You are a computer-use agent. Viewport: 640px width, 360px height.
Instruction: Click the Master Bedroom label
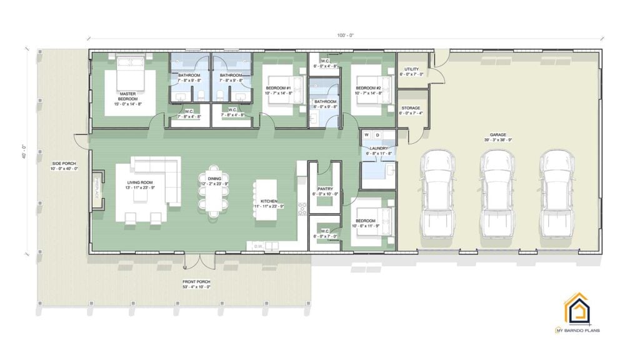(x=128, y=99)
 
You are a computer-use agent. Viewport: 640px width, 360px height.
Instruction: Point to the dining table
(x=214, y=194)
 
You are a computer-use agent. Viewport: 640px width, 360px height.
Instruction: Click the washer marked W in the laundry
(x=367, y=134)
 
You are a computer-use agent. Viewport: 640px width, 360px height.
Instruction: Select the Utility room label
(x=411, y=70)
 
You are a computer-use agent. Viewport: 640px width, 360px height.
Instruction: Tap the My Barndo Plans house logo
(x=576, y=310)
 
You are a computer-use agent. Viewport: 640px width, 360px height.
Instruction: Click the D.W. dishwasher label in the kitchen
(x=258, y=246)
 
